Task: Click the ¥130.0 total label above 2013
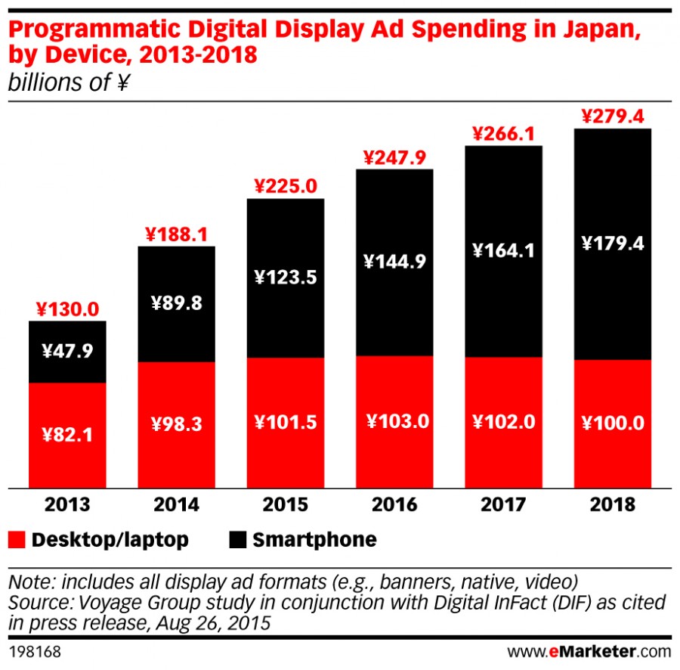66,309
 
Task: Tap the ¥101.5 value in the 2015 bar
286,422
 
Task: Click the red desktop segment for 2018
613,454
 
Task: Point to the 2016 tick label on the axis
394,505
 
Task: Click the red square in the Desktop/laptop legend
17,539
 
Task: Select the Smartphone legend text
314,539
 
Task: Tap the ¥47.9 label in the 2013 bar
66,352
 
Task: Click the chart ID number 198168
35,650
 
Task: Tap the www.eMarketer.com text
589,650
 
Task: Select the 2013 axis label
66,505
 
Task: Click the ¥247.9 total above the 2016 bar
394,157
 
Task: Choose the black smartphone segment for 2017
503,302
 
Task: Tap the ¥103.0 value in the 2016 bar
394,422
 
